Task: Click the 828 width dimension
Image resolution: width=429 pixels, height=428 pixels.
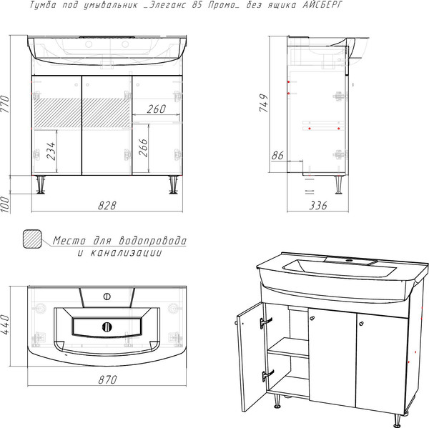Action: pyautogui.click(x=107, y=205)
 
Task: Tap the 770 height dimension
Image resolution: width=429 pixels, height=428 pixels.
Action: pyautogui.click(x=5, y=104)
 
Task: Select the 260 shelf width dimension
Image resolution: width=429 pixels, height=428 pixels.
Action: pyautogui.click(x=156, y=109)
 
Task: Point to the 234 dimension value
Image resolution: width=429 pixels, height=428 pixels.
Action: pyautogui.click(x=51, y=151)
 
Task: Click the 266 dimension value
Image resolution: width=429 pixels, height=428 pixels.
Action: pyautogui.click(x=143, y=148)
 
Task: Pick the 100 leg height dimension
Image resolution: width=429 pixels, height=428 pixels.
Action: pyautogui.click(x=5, y=204)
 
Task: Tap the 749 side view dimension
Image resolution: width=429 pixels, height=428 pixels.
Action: pyautogui.click(x=264, y=103)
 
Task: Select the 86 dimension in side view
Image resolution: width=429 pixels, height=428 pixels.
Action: pyautogui.click(x=277, y=155)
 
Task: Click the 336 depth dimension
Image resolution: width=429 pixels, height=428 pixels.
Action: pyautogui.click(x=318, y=205)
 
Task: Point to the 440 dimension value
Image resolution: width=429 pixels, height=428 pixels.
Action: pyautogui.click(x=6, y=324)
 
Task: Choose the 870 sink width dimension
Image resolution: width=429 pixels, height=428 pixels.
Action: pyautogui.click(x=107, y=379)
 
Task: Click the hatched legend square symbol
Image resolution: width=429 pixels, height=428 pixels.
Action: pyautogui.click(x=32, y=239)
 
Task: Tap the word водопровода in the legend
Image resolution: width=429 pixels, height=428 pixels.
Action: pyautogui.click(x=153, y=240)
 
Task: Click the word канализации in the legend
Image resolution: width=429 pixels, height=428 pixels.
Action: pyautogui.click(x=126, y=253)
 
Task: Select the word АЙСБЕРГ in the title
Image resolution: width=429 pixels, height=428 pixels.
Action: pyautogui.click(x=322, y=5)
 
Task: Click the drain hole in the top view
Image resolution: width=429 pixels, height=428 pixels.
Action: pyautogui.click(x=107, y=327)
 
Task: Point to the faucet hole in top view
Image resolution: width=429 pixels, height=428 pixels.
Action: pyautogui.click(x=107, y=297)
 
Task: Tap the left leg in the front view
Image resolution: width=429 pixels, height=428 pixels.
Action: pyautogui.click(x=41, y=185)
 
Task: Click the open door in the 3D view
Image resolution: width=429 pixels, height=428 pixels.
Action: pyautogui.click(x=251, y=357)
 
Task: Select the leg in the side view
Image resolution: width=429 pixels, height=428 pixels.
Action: pyautogui.click(x=339, y=184)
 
